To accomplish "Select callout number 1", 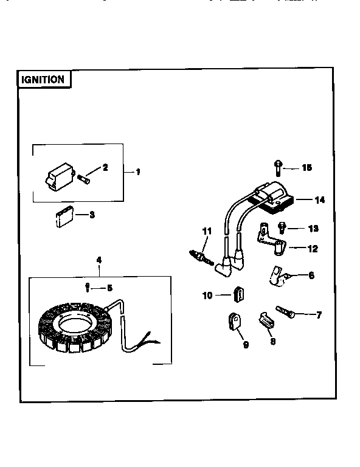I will pos(138,172).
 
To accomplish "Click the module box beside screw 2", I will pos(59,178).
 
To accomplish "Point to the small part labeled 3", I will pos(61,218).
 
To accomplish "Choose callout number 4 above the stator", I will pos(99,260).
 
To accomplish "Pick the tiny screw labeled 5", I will pos(89,286).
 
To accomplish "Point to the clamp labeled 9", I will pos(234,321).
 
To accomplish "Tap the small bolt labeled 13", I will pos(282,227).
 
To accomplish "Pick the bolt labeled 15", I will pos(277,165).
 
